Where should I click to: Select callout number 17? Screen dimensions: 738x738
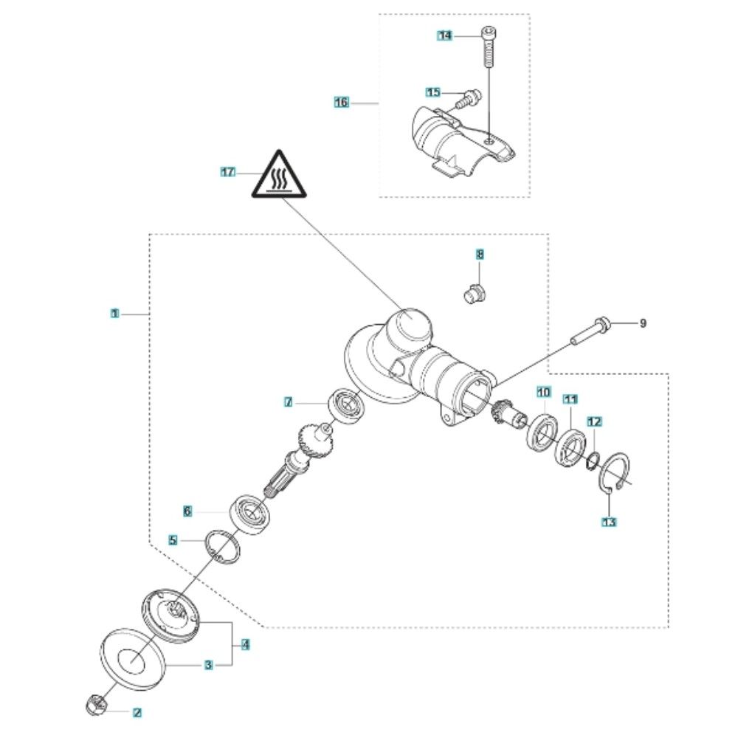click(228, 172)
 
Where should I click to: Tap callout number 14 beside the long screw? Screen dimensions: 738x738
click(445, 35)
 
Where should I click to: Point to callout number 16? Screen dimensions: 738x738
click(342, 102)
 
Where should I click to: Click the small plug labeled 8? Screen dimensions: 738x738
click(472, 294)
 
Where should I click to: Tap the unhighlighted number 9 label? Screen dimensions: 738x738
click(643, 323)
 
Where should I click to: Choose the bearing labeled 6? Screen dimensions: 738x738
click(250, 514)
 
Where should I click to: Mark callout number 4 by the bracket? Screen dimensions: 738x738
click(245, 644)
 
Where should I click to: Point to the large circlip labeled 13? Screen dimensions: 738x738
click(616, 477)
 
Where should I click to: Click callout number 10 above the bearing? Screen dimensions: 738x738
click(544, 392)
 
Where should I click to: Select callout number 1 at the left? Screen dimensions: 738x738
click(115, 314)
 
